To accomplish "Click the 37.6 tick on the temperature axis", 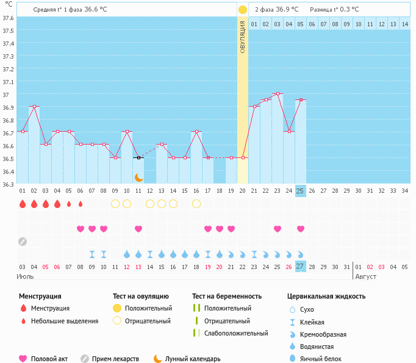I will point(8,18).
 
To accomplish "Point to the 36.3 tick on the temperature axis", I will point(8,184).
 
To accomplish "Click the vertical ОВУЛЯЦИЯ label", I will point(242,37).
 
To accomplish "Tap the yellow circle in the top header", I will point(243,10).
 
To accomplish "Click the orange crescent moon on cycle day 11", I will point(139,177).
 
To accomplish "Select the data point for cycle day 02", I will point(34,106).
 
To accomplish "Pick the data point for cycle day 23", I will point(278,94).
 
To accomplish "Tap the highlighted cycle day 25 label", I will point(300,191).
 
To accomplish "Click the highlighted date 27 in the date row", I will point(300,267).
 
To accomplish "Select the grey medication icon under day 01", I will point(23,241).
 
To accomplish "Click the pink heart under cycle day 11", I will point(138,229).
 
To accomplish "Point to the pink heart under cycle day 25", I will point(301,229).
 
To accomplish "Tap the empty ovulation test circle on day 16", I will point(196,204).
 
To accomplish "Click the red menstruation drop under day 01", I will point(23,204).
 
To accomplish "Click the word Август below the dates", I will point(366,276).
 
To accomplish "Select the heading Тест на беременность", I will point(231,296).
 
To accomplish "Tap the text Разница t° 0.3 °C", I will point(334,10).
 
